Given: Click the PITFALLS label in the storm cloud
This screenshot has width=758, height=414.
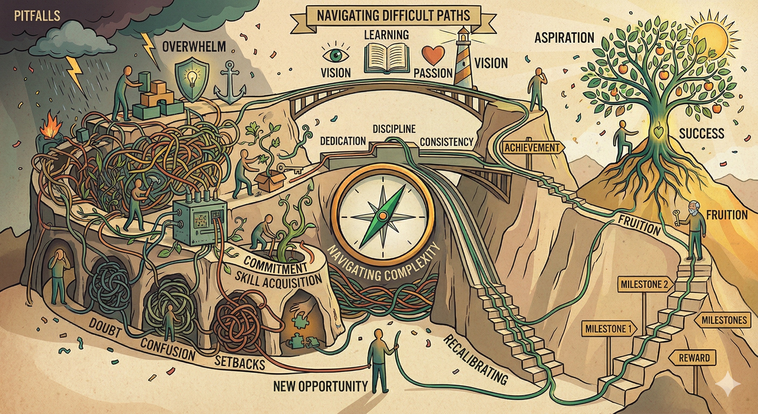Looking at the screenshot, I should point(37,16).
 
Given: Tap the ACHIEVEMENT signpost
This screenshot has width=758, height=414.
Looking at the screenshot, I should point(532,147).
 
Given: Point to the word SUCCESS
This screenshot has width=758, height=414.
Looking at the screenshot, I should point(701,134).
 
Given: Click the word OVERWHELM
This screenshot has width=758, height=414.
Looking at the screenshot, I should point(194,46).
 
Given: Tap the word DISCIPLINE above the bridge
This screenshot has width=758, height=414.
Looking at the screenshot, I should point(394,129).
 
